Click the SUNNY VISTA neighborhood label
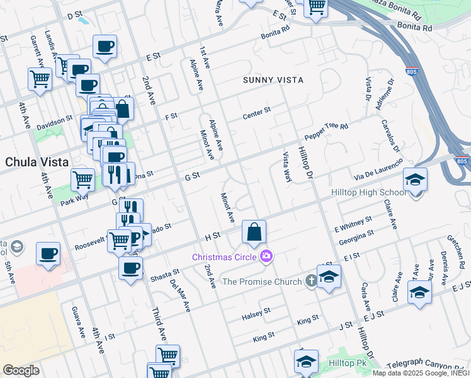(273, 80)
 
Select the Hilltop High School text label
(368, 193)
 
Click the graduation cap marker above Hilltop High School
(415, 180)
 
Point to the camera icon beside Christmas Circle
(266, 256)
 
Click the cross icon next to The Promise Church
(310, 281)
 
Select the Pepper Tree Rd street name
(326, 132)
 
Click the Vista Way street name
(287, 167)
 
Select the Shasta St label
(164, 275)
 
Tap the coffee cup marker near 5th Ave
(48, 253)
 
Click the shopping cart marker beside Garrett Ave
(40, 79)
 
